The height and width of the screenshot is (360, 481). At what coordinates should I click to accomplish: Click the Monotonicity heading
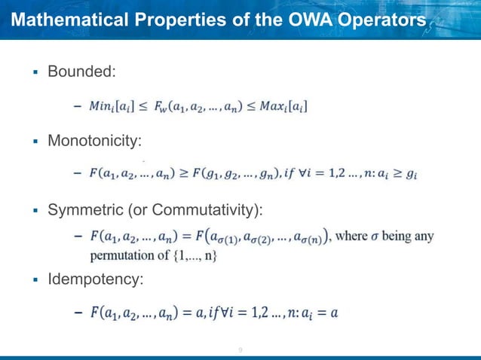[94, 141]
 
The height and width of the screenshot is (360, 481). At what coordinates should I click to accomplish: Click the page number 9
[240, 349]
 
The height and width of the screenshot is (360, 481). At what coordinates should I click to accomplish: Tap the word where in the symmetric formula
[352, 236]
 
